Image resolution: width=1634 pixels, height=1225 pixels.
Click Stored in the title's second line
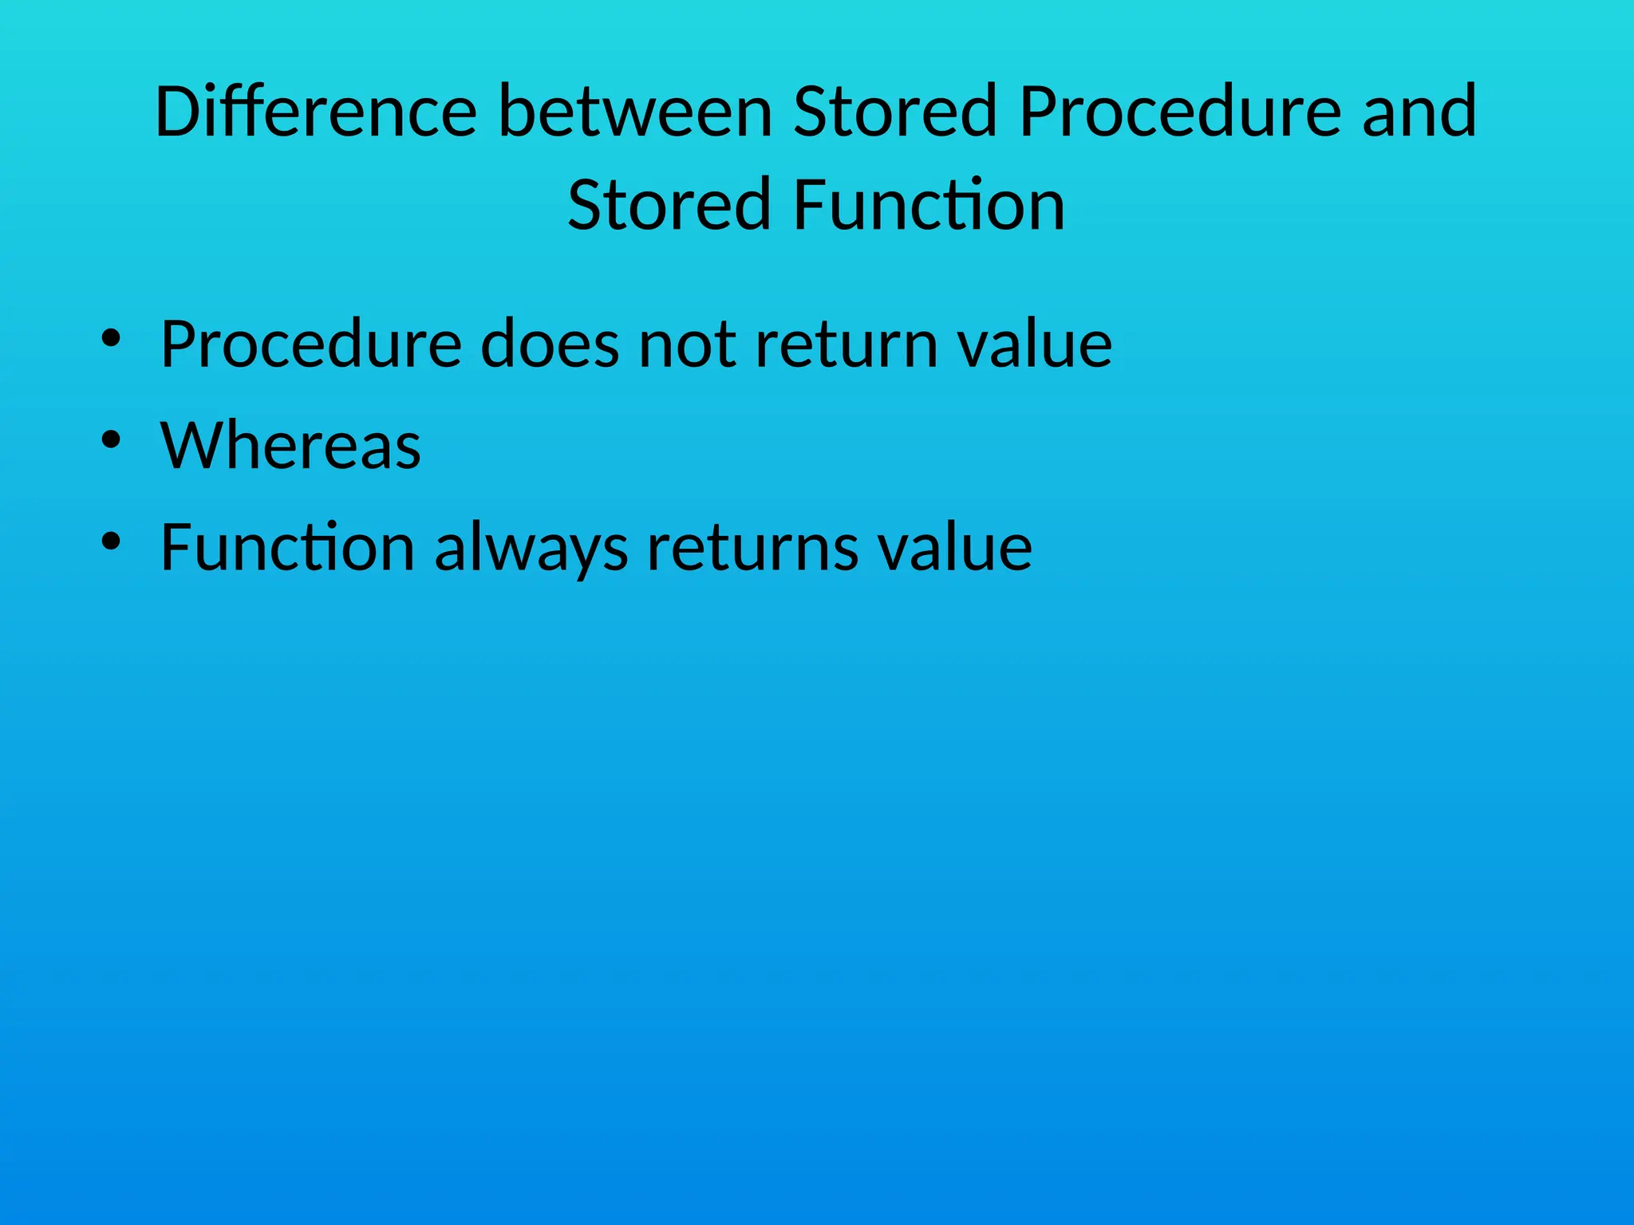click(668, 206)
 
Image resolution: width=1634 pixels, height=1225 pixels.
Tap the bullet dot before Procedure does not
click(111, 338)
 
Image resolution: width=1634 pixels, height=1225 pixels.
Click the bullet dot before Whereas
click(111, 439)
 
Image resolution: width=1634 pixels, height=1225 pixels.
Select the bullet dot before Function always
click(111, 542)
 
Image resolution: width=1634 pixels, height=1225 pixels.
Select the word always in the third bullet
click(531, 549)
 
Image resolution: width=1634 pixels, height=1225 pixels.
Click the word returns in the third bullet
click(752, 549)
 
